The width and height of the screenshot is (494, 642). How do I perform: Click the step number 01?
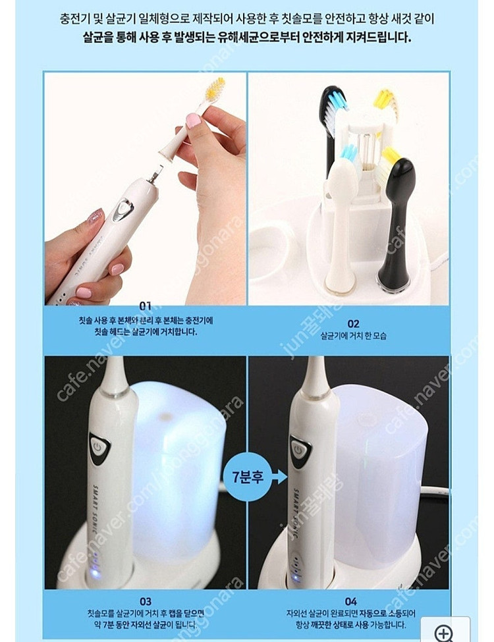146,306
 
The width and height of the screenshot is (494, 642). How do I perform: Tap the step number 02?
353,323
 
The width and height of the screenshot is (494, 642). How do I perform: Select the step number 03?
146,601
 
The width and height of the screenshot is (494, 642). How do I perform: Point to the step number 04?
351,601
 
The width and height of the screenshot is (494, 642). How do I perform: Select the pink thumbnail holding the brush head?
193,120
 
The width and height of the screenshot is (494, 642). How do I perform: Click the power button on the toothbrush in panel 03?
98,448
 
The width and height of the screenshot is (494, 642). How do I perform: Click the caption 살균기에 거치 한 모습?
353,336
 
